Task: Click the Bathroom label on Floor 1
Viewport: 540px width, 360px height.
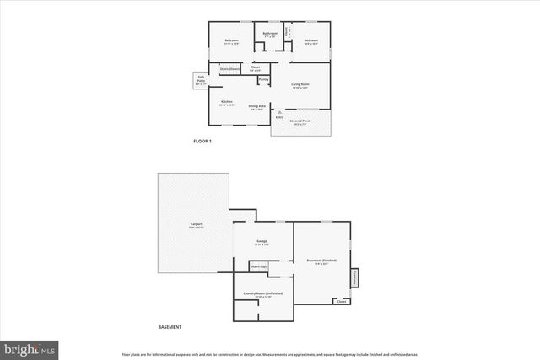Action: (x=270, y=35)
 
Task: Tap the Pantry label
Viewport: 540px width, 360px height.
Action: (x=263, y=80)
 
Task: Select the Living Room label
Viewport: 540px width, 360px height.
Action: (x=301, y=84)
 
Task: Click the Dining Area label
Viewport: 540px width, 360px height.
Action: (x=256, y=106)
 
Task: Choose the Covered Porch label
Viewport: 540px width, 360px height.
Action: (x=300, y=121)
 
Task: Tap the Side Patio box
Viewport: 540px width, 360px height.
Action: (x=200, y=82)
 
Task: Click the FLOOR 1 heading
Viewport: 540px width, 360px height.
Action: (x=202, y=141)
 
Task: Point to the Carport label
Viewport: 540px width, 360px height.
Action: (x=196, y=224)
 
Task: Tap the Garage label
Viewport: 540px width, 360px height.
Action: (x=262, y=241)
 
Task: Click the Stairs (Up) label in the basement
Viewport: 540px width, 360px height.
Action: (x=258, y=266)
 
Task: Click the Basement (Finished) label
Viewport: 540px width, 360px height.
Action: (x=321, y=261)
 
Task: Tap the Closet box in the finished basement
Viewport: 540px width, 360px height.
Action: (x=341, y=301)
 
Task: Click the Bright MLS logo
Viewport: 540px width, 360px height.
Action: (x=29, y=347)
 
